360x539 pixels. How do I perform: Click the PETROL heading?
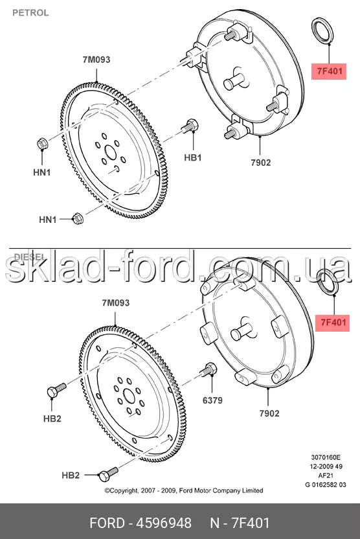tap(30, 13)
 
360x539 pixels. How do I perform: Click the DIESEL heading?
tap(30, 257)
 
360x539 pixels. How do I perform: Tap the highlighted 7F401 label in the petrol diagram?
tap(329, 71)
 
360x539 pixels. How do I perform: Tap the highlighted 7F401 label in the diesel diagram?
tap(333, 323)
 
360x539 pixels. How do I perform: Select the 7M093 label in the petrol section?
tap(96, 60)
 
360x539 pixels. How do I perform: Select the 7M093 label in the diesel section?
tap(116, 303)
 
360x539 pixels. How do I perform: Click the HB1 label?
tap(193, 158)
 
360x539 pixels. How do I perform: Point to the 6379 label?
tap(212, 400)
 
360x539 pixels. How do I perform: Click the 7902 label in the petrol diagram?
tap(261, 163)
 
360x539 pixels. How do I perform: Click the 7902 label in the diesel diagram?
tap(269, 413)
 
